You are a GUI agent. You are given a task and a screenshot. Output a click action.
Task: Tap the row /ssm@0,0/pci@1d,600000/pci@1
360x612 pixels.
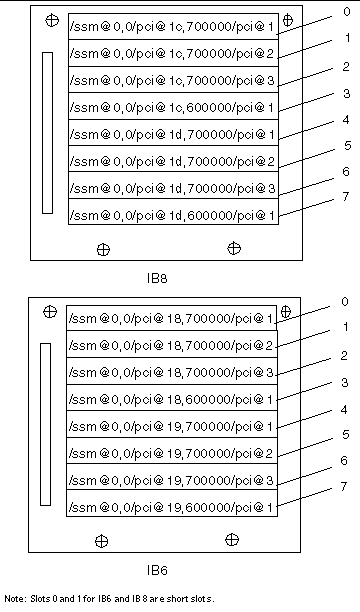coord(172,212)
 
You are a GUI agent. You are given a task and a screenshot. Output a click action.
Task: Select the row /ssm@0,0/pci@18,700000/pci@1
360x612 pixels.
coord(172,319)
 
